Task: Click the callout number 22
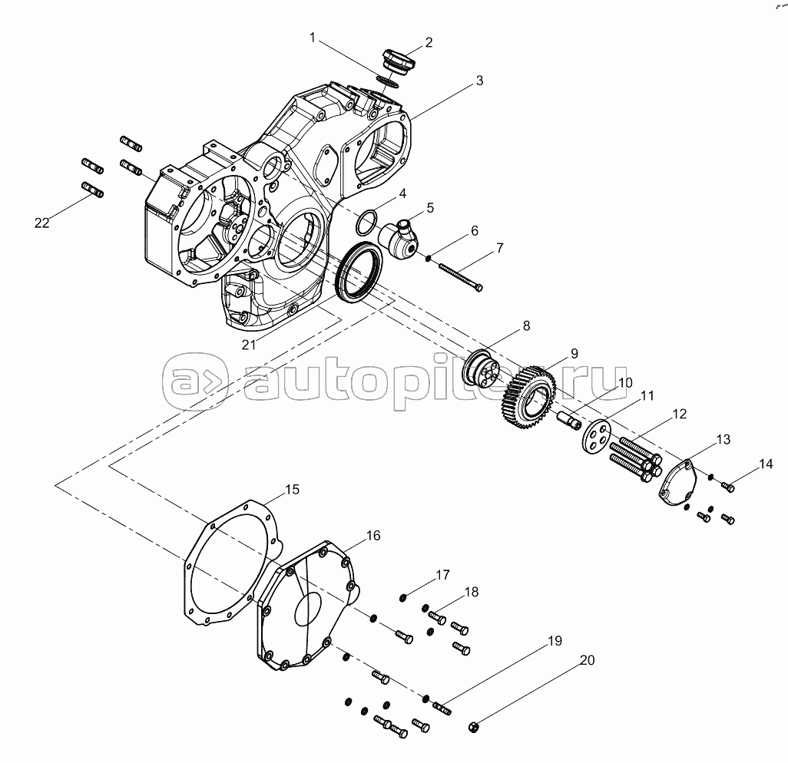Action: click(x=41, y=223)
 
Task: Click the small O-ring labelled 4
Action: click(x=366, y=223)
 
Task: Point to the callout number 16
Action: click(x=372, y=535)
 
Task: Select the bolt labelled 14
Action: click(x=727, y=486)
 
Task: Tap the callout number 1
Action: click(x=313, y=37)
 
